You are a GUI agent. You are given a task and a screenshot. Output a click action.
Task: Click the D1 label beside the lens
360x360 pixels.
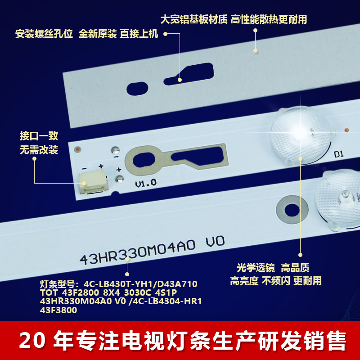pos(338,154)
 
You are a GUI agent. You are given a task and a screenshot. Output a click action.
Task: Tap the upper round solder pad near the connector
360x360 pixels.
pos(114,150)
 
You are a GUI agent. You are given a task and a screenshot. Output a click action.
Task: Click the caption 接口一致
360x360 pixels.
pos(38,136)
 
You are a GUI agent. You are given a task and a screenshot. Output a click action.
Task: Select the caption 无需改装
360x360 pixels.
pos(38,150)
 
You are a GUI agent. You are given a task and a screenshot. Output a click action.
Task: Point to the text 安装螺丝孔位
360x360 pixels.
pos(44,34)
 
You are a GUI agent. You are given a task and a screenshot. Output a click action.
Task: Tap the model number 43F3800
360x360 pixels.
pos(58,310)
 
